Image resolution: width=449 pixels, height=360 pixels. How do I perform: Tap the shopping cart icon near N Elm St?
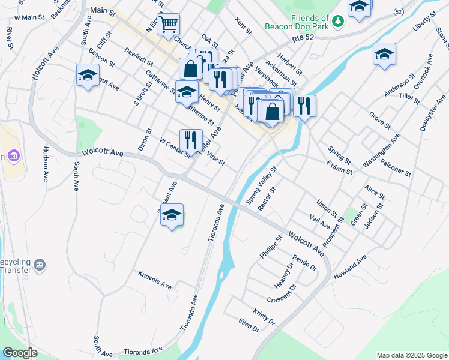tap(169, 25)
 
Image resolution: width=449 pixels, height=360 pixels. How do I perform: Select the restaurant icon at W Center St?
tap(191, 140)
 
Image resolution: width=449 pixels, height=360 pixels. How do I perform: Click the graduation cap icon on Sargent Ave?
tap(172, 215)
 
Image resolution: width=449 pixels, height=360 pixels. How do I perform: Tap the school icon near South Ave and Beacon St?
tap(88, 76)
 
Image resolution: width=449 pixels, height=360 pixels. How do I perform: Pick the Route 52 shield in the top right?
tap(399, 12)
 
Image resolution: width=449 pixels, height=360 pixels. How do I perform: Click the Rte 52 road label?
tap(304, 38)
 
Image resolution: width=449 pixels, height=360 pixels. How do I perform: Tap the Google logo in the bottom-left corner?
tap(20, 352)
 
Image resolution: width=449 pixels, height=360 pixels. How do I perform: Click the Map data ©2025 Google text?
tap(412, 355)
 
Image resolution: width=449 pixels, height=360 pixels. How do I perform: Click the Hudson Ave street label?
tap(46, 164)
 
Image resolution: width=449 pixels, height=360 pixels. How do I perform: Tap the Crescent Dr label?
tap(282, 295)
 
